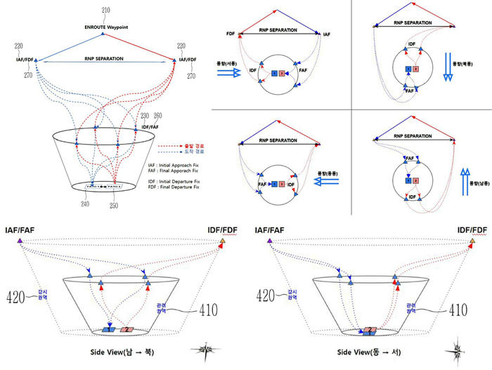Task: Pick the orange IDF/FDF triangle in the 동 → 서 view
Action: coord(472,242)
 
